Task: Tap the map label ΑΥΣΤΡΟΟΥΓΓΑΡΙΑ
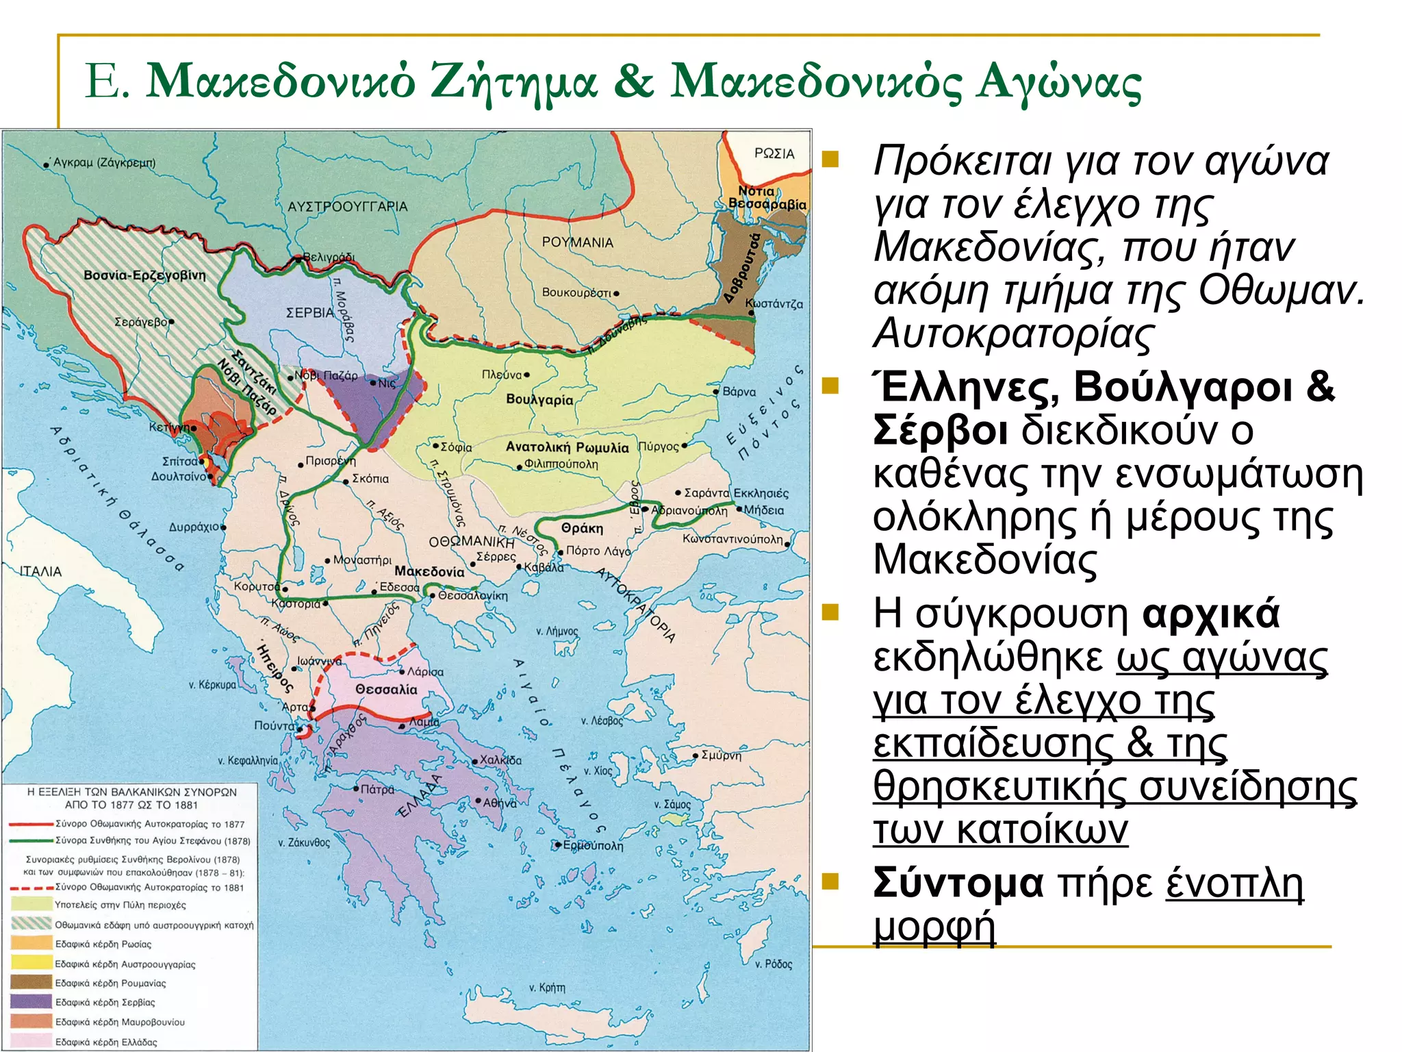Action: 347,207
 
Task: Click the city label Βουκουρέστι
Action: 576,292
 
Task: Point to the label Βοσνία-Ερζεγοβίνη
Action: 144,275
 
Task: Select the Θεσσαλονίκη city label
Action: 473,596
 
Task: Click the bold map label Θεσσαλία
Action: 386,690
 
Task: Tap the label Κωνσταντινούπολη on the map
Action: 732,539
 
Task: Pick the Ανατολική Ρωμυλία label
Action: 567,447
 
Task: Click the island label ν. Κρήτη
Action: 547,988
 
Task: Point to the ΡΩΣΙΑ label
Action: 774,153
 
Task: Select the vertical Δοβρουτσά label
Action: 742,268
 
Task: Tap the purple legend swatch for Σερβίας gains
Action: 31,1002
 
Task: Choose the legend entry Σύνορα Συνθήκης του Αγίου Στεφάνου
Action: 153,840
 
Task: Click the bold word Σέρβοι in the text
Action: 940,431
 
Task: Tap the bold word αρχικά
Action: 1210,613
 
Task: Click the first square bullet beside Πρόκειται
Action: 830,160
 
